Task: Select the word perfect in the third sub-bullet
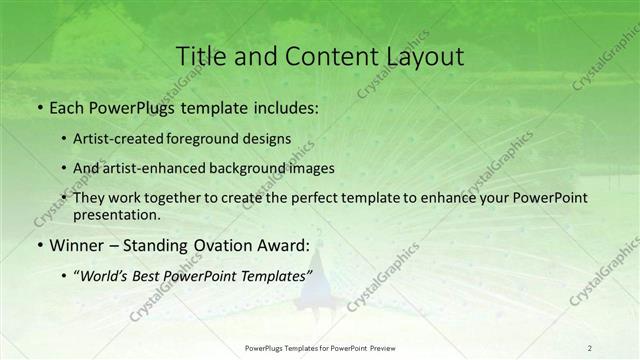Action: coord(304,197)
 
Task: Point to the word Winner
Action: coord(76,243)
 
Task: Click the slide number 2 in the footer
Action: coord(590,347)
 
